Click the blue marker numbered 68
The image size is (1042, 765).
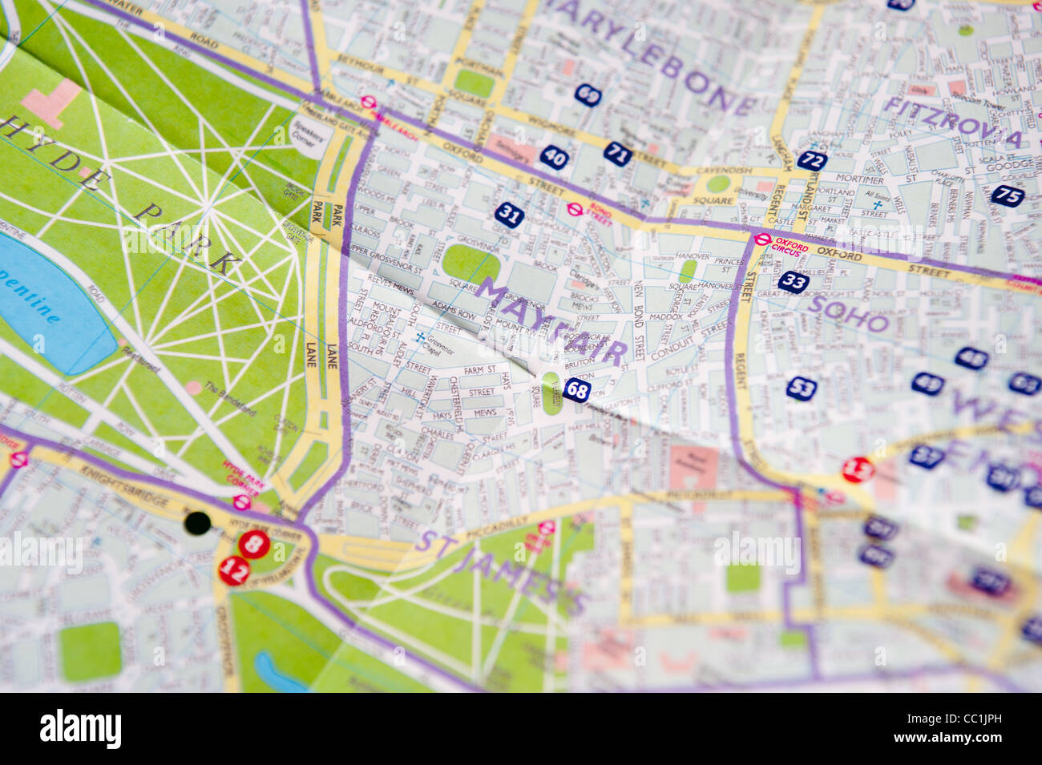576,390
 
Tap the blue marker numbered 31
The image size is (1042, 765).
509,214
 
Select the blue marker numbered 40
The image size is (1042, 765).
554,157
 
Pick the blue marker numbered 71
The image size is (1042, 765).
617,154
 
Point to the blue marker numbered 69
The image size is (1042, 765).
588,95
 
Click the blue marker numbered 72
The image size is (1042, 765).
812,160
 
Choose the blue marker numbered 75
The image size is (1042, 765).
1008,195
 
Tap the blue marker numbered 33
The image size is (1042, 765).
793,281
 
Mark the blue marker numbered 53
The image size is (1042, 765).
801,389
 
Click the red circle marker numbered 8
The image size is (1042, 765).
254,545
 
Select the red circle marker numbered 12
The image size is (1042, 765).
234,570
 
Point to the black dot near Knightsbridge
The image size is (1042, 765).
197,523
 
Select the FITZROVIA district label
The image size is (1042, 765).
952,121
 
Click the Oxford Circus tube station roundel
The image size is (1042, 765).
761,239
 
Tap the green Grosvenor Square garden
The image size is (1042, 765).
471,264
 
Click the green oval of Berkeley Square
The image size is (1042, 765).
551,393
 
